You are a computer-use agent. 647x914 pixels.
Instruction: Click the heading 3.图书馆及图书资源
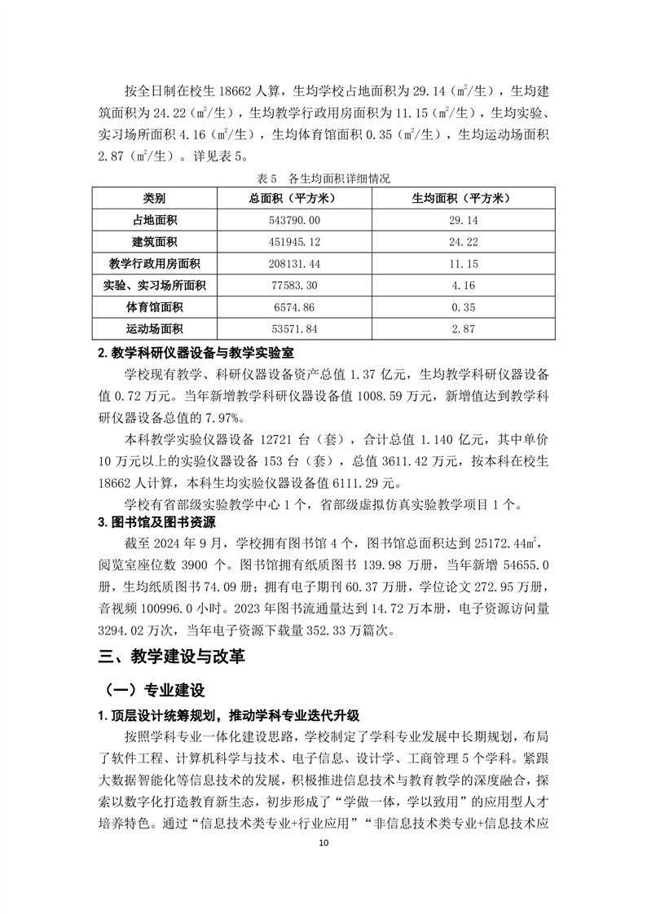coord(152,523)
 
